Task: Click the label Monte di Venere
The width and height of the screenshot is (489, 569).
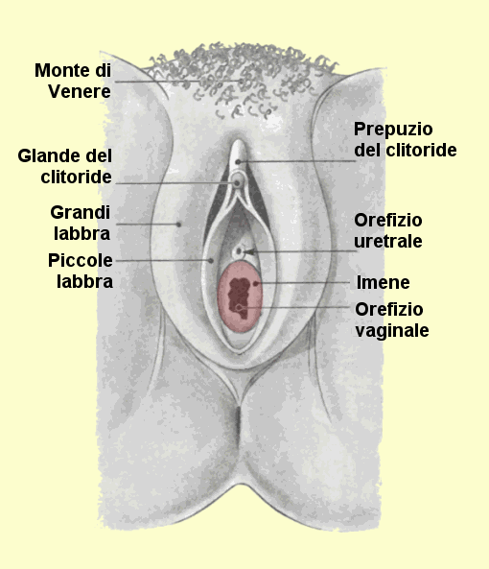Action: coord(73,81)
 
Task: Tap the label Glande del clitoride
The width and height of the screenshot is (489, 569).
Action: coord(65,167)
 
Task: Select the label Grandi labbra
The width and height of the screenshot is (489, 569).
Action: coord(81,223)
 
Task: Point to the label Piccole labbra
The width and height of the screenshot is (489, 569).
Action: coord(81,271)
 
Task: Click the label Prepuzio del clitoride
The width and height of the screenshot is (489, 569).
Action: coord(406,140)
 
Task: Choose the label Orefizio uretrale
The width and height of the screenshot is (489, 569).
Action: coord(388,230)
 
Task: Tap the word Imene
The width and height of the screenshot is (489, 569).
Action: coord(384,282)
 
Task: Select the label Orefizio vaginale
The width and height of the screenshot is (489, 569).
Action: coord(392,320)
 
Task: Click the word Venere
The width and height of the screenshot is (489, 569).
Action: coord(80,91)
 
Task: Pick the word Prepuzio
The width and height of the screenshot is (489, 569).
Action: coord(393,130)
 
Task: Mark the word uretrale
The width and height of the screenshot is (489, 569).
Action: coord(388,241)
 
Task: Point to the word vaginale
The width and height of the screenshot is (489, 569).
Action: coord(392,331)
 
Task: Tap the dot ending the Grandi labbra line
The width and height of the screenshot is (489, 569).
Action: coord(178,225)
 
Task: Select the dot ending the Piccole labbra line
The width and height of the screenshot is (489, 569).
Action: coord(211,261)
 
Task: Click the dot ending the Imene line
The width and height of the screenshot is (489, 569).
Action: coord(256,283)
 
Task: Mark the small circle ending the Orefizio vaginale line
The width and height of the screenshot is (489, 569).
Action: coord(239,308)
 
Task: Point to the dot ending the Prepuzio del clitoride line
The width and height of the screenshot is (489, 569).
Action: coord(238,162)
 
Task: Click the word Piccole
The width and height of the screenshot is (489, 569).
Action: coord(81,260)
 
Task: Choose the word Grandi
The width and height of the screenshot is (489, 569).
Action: coord(81,212)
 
